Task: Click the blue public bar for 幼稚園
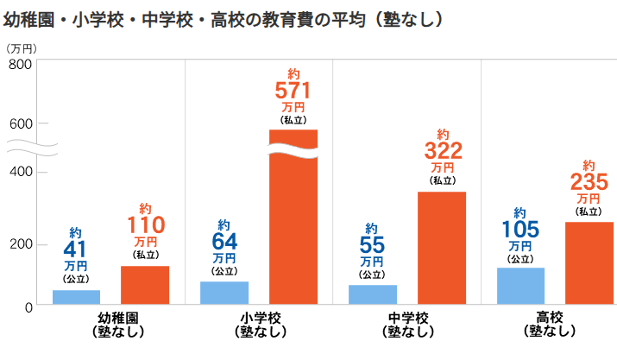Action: [76, 297]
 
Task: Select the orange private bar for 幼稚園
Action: [144, 285]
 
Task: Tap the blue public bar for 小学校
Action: [224, 293]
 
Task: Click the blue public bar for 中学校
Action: [373, 294]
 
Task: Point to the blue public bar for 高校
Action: [520, 286]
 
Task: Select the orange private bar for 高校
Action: [589, 262]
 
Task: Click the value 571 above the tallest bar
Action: [293, 89]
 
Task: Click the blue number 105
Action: [520, 229]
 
